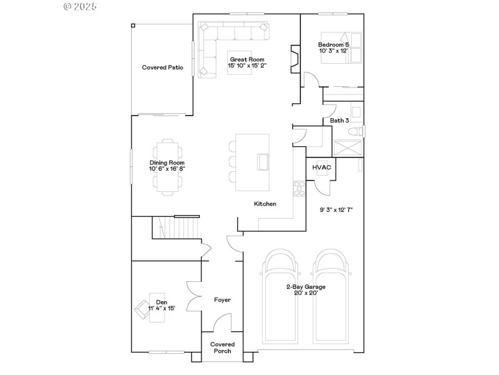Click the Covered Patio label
[x=162, y=67]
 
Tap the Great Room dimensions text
[x=246, y=65]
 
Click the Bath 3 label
[x=339, y=121]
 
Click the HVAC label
[x=322, y=167]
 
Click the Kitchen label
[x=265, y=204]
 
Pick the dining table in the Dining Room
[x=167, y=165]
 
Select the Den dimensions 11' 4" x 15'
[x=162, y=308]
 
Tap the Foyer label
[x=223, y=300]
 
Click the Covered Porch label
[x=223, y=347]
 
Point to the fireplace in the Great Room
[x=294, y=59]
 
